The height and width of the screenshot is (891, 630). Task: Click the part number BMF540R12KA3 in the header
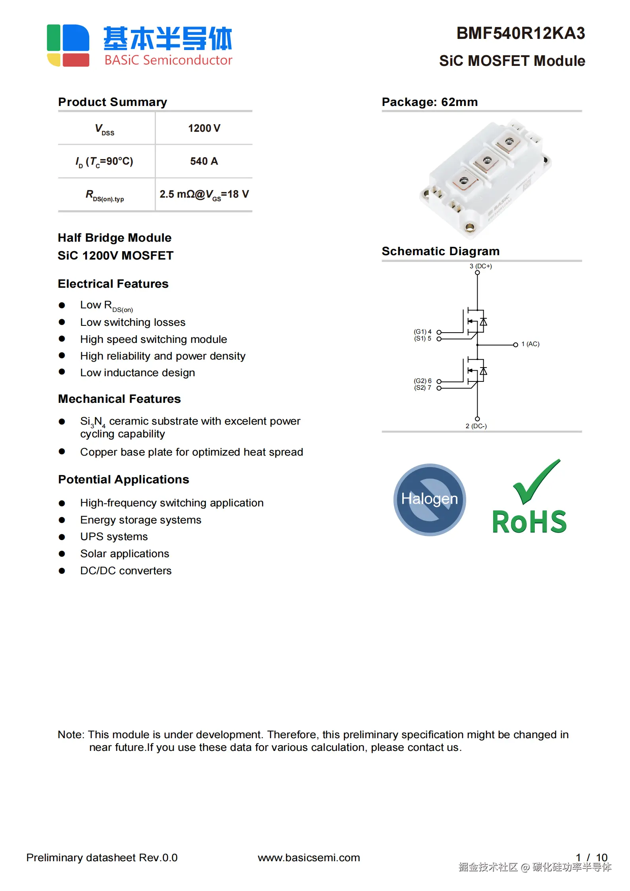click(521, 33)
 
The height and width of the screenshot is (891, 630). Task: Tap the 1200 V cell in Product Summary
click(204, 128)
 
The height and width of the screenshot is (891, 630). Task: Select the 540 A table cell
click(204, 161)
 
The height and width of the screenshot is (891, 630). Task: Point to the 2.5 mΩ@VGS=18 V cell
click(204, 194)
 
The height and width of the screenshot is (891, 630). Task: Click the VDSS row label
click(105, 129)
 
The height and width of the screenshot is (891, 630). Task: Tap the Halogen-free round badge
click(430, 499)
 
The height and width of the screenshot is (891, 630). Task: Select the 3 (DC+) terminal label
click(480, 266)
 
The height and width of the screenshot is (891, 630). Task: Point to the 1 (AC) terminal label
click(530, 344)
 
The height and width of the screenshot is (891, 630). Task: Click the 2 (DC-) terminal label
click(476, 426)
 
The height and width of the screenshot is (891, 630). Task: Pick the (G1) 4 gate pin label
click(423, 331)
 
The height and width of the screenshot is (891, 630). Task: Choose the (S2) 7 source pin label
click(423, 388)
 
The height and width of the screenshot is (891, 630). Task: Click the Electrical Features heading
click(113, 284)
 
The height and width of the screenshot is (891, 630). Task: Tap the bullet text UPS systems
click(114, 537)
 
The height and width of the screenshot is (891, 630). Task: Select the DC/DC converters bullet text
click(126, 571)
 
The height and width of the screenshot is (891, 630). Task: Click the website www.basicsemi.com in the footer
click(309, 858)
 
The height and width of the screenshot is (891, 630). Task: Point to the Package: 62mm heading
click(430, 102)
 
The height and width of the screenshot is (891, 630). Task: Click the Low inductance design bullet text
click(137, 373)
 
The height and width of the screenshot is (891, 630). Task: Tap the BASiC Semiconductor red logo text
click(168, 60)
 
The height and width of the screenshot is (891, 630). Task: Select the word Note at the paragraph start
click(70, 735)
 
